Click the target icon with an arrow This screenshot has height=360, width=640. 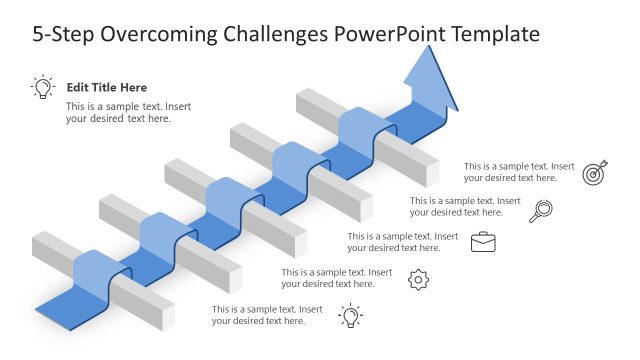(x=596, y=172)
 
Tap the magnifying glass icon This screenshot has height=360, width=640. (x=541, y=210)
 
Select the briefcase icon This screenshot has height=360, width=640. (x=484, y=241)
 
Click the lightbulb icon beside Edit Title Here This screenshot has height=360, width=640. (x=43, y=87)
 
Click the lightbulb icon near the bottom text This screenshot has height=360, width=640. (x=350, y=316)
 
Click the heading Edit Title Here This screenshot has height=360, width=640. (x=106, y=88)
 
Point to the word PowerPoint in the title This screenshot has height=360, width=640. (x=390, y=35)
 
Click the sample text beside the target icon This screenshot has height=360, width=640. (x=519, y=172)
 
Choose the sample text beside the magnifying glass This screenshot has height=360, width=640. (x=465, y=206)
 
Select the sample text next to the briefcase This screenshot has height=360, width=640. (x=403, y=242)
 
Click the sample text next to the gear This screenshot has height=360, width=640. (x=337, y=278)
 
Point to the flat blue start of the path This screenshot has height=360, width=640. (x=90, y=304)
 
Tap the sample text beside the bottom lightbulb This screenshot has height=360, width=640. (x=267, y=315)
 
